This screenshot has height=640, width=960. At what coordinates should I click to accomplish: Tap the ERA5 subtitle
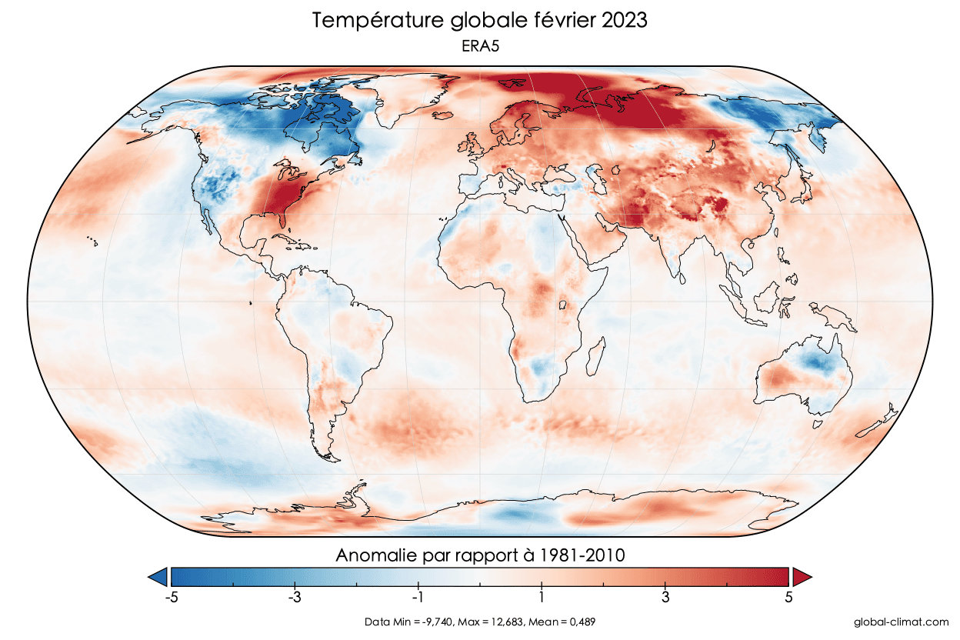coord(480,47)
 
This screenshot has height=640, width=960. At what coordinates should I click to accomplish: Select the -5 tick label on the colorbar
coord(171,598)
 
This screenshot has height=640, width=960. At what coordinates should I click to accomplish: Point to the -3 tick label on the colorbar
coord(293,598)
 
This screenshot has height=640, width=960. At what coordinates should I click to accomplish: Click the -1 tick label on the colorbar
coord(417,598)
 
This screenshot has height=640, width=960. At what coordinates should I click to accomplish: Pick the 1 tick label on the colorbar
coord(542,598)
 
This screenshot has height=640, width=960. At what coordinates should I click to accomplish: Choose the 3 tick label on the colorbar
coord(665,598)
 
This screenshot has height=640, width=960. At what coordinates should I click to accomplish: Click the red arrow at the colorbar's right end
coord(802,576)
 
